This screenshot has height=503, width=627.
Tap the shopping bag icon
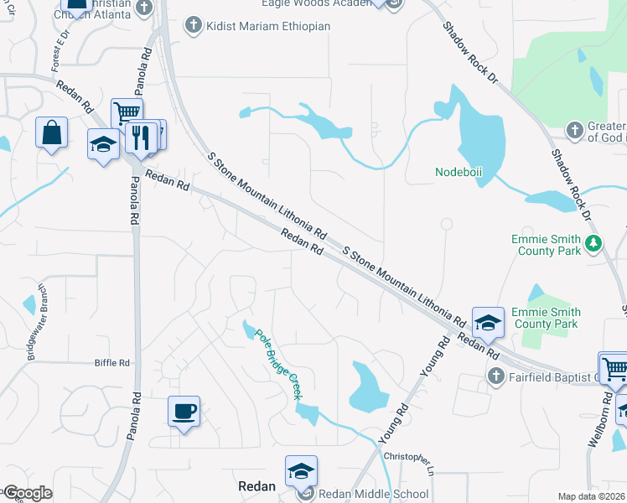pos(51,133)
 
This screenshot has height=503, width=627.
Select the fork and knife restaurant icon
pos(140,137)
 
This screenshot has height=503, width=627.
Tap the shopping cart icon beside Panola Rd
pos(127,113)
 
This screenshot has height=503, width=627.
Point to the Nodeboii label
pos(460,173)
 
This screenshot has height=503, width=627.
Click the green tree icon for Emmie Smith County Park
pos(594,244)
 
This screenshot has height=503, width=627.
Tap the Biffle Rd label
pos(112,363)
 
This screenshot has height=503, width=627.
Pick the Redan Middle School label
pos(375,494)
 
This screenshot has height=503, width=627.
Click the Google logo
pos(28,493)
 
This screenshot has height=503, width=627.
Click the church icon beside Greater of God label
pos(574,130)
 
